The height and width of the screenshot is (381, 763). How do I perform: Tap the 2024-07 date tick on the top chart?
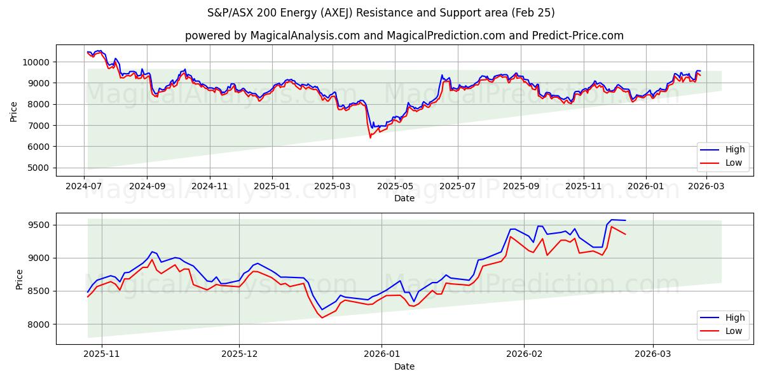tap(85, 187)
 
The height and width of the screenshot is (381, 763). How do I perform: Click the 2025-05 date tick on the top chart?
tap(395, 187)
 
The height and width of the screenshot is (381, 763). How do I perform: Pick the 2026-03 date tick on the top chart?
tap(708, 187)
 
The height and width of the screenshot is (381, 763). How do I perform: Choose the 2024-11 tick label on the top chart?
tap(209, 187)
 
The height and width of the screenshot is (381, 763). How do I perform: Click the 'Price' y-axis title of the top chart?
tap(14, 110)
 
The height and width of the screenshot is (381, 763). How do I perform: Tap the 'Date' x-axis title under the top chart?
tap(404, 198)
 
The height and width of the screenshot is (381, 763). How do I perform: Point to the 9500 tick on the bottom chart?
tap(40, 225)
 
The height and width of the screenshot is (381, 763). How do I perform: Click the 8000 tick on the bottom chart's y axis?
tap(40, 324)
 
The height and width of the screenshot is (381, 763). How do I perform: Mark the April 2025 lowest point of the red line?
tap(370, 138)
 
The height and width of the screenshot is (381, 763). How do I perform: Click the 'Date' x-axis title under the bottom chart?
tap(404, 366)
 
